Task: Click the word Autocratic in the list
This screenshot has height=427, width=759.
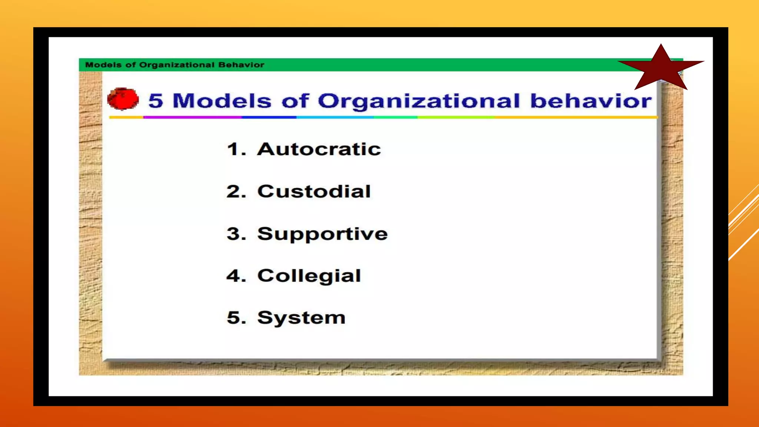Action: coord(319,149)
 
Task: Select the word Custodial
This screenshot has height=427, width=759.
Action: coord(314,191)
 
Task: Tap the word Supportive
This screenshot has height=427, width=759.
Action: coord(322,234)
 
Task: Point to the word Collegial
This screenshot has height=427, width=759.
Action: coord(309,276)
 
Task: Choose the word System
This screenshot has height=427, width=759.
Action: coord(301,318)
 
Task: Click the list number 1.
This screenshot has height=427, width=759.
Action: coord(235,149)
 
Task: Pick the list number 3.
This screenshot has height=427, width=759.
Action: coord(236,234)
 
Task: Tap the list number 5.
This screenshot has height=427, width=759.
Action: coord(236,318)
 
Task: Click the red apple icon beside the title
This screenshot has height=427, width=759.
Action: coord(123,99)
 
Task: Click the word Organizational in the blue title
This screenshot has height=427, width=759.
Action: coord(419,101)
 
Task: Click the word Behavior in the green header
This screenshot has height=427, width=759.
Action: coord(241,65)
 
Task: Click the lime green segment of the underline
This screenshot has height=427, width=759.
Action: coord(456,117)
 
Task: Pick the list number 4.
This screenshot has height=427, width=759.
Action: coord(236,276)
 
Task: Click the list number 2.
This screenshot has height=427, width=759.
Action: coord(236,191)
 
